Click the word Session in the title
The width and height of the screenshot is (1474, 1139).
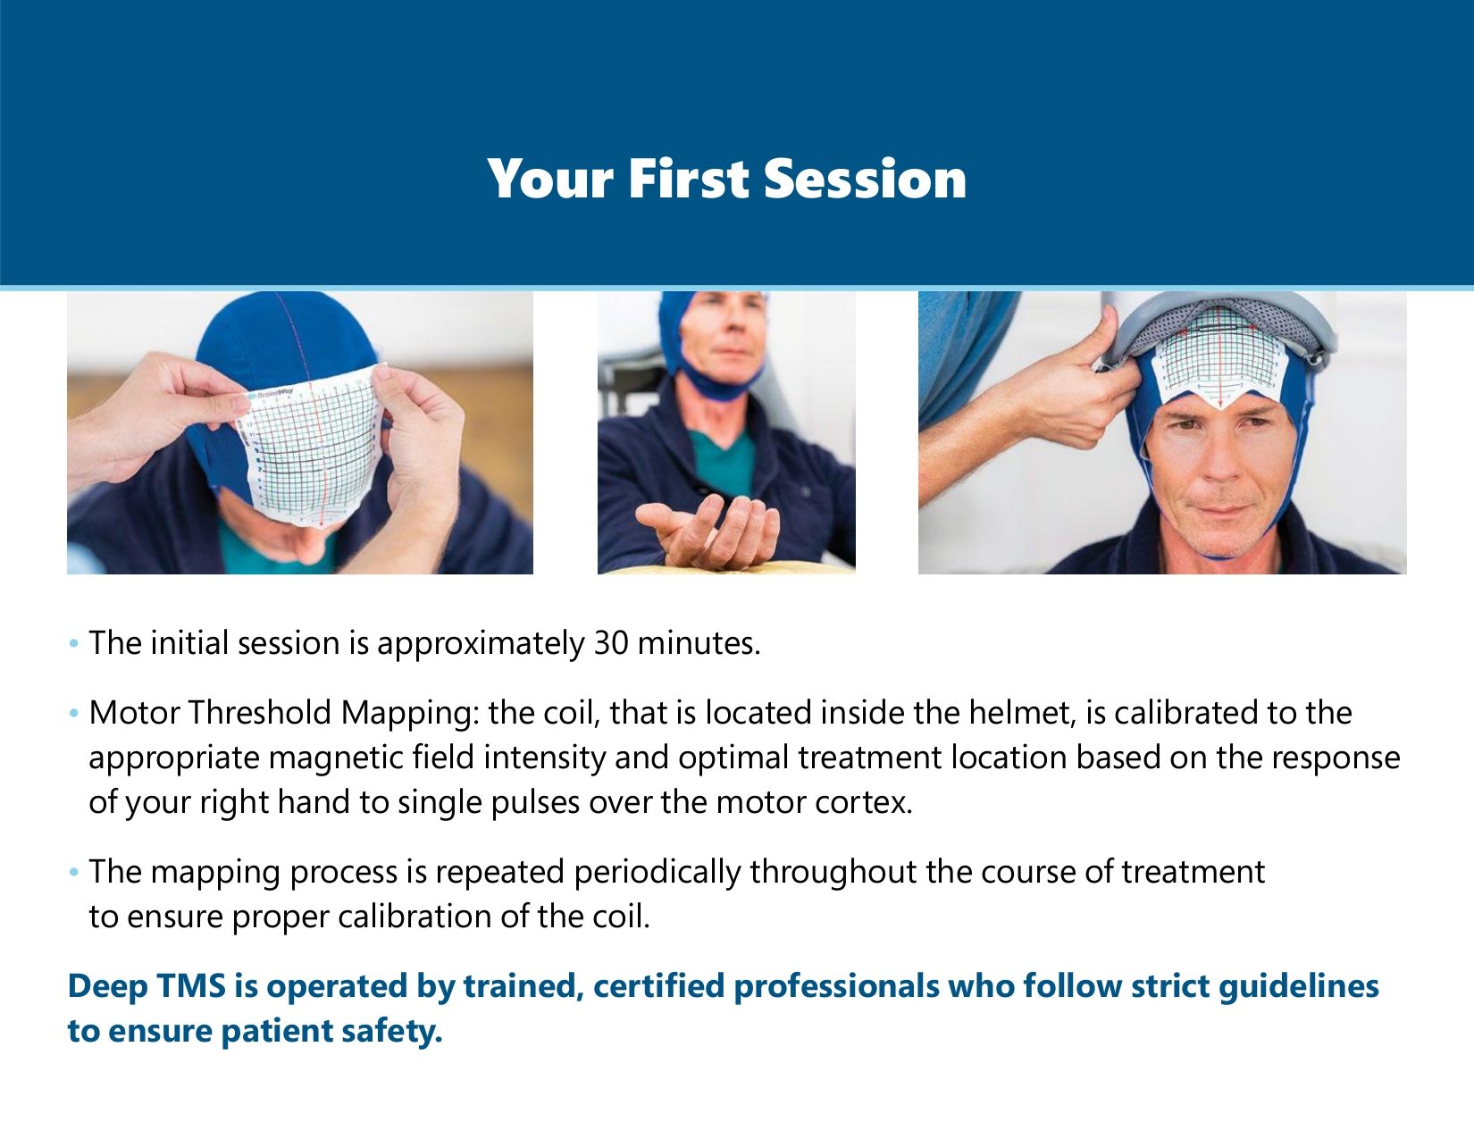pos(865,179)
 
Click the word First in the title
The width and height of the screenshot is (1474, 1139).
pos(689,179)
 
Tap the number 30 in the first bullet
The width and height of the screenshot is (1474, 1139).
pos(611,643)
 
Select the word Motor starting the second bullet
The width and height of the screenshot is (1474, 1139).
pos(135,713)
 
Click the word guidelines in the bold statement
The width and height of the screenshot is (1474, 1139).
pos(1299,986)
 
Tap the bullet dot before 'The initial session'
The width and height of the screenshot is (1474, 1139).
pos(73,644)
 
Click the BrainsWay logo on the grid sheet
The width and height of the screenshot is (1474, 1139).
pos(270,392)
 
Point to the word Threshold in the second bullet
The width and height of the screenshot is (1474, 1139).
pos(260,713)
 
